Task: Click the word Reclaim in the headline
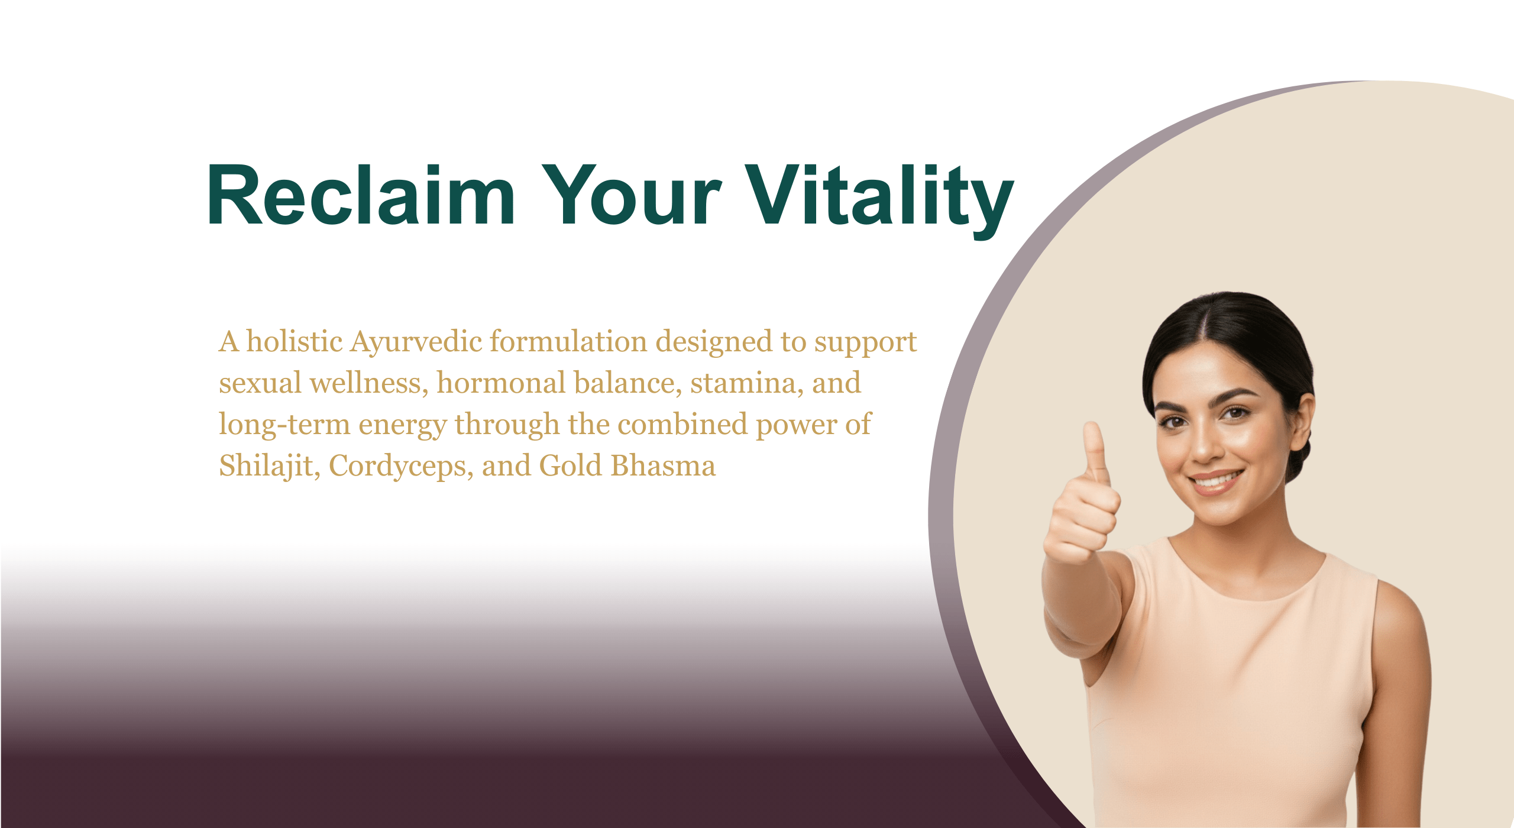(361, 195)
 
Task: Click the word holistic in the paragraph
(295, 341)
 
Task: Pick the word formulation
(568, 341)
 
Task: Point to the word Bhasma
(663, 465)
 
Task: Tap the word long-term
(284, 425)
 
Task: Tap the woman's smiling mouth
(1217, 480)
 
